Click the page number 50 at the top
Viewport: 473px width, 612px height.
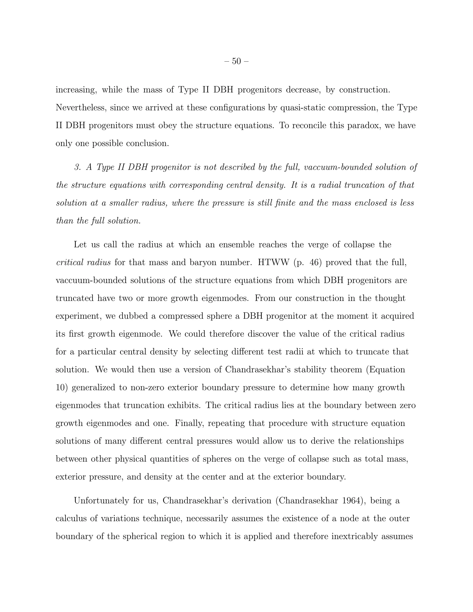tap(236, 61)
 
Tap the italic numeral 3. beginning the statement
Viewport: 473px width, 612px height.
tap(78, 167)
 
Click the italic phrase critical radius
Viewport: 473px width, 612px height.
tap(84, 263)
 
